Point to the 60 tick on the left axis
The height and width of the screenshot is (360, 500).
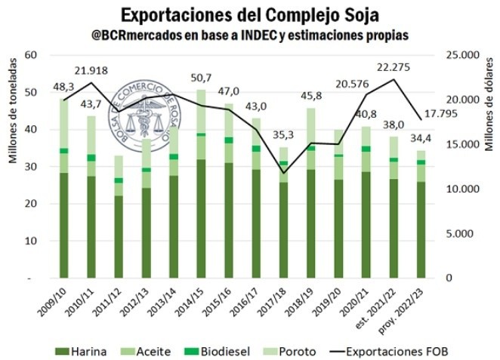coord(31,55)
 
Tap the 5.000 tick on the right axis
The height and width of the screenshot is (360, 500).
coord(459,234)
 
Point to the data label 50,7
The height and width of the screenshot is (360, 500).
coord(202,78)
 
